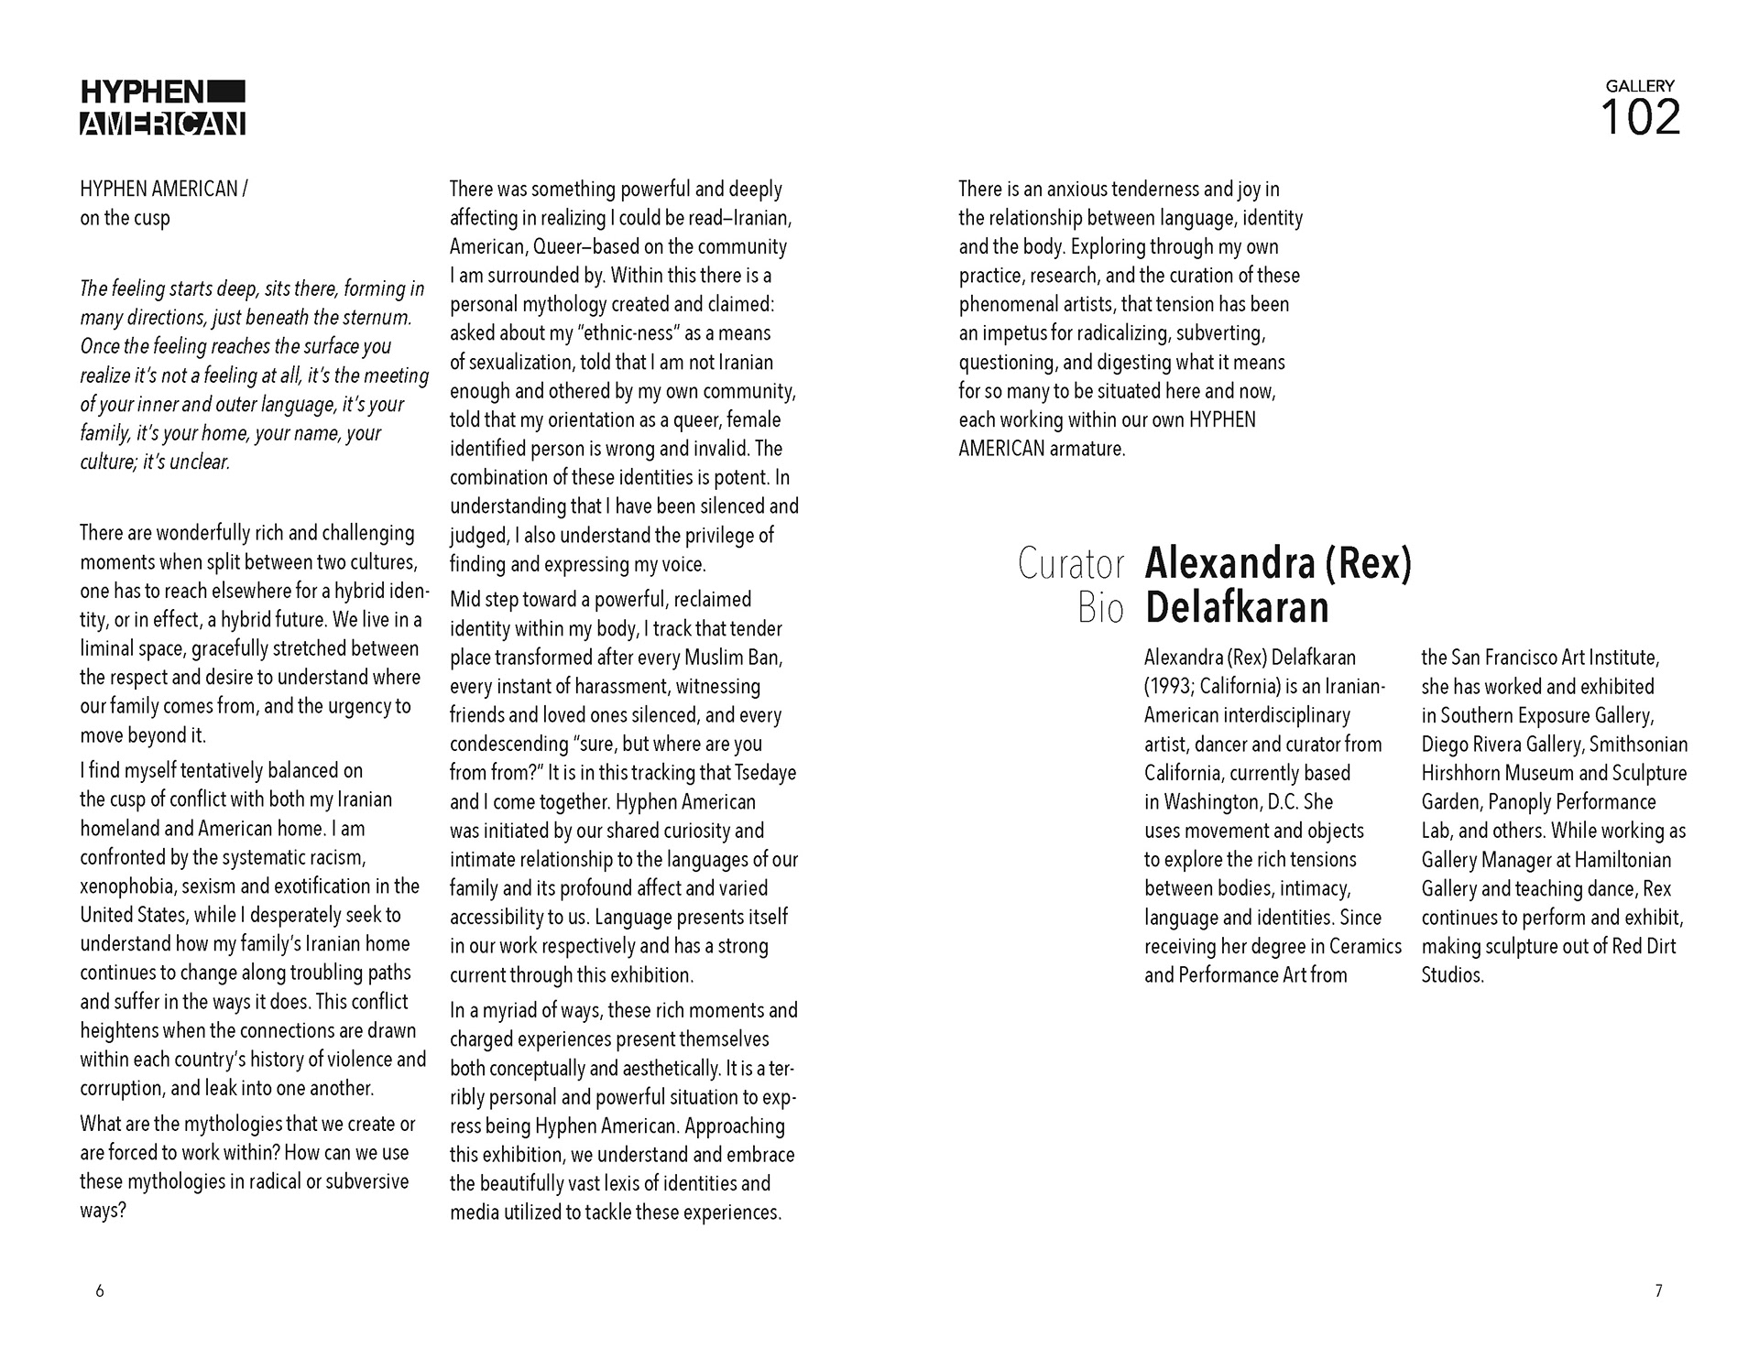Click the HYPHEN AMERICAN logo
(163, 108)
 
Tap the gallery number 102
(1640, 118)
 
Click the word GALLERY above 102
(1640, 85)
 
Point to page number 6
(100, 1291)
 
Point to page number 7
(1658, 1291)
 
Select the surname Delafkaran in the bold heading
(1237, 607)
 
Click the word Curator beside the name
(1070, 564)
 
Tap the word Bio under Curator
(1100, 607)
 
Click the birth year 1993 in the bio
(1169, 687)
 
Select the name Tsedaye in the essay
(763, 773)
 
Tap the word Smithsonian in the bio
(1640, 745)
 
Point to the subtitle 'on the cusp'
(125, 218)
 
